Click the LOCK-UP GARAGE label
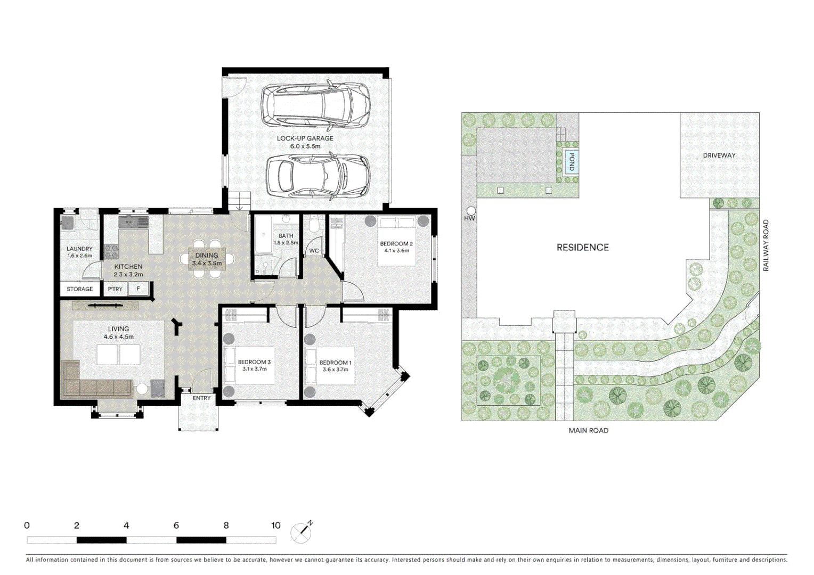305,138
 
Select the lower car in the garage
318,175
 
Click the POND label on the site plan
572,161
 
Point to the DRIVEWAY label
719,155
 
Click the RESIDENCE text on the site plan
582,248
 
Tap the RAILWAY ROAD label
766,245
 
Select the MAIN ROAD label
588,430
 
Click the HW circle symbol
471,211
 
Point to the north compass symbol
302,532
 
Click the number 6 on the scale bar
176,525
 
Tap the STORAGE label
80,289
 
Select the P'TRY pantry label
115,289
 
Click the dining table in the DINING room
207,259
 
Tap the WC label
314,251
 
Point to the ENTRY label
201,398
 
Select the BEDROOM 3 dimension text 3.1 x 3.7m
254,369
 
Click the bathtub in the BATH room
263,234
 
